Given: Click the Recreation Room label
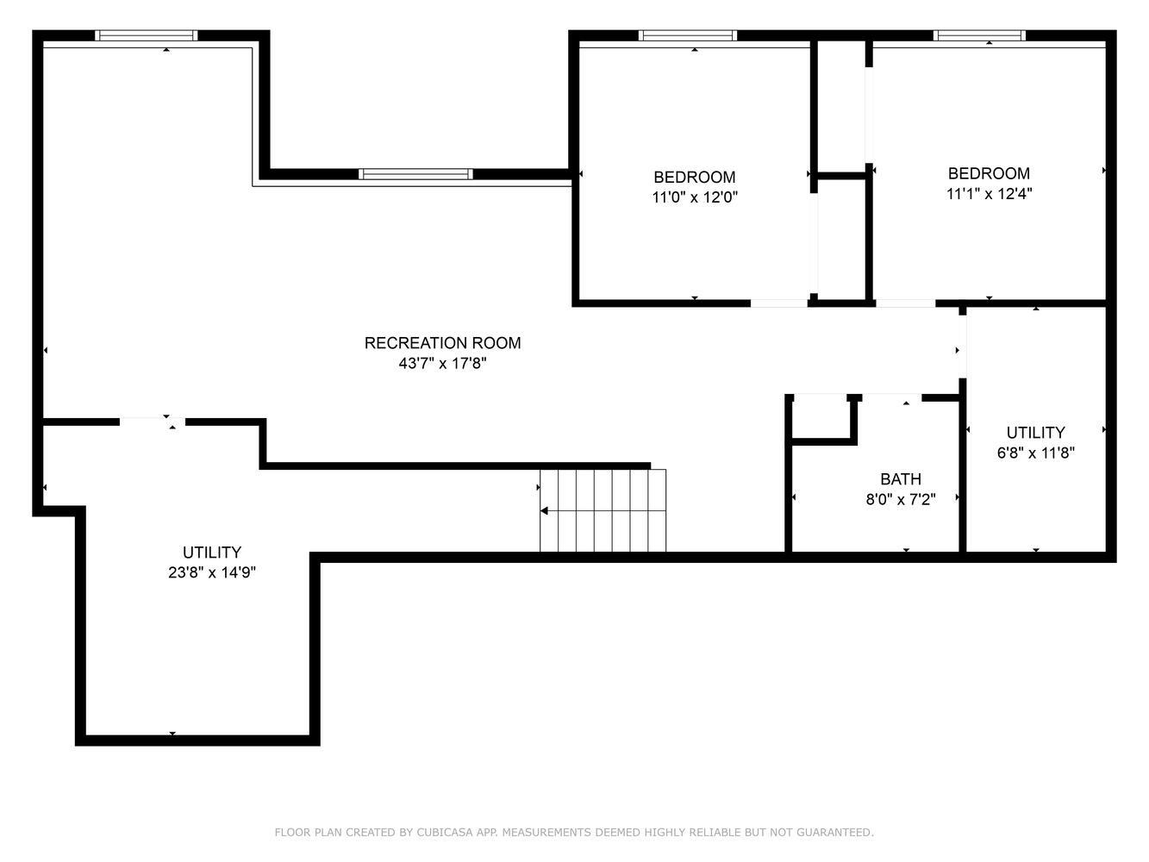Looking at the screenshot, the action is click(x=442, y=343).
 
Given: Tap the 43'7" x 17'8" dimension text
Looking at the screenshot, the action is click(x=442, y=363).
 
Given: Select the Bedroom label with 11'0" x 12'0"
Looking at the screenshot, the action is click(x=694, y=177).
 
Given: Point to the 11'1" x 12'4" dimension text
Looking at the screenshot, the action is click(x=989, y=194).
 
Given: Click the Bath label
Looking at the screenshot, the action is click(x=901, y=479).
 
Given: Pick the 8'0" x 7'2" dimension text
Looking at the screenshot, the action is click(x=901, y=499).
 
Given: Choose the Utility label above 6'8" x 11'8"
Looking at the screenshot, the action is click(x=1035, y=433).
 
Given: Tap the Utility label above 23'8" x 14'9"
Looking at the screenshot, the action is click(x=211, y=553).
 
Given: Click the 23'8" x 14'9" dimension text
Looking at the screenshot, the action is click(x=211, y=572).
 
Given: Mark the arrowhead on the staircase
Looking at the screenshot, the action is click(x=544, y=511).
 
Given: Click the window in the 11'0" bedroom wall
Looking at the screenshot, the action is click(x=687, y=35).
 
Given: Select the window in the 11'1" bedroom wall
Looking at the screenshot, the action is click(x=979, y=35).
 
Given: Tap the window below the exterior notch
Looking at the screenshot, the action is click(x=415, y=174).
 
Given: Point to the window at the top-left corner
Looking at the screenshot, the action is click(x=146, y=35).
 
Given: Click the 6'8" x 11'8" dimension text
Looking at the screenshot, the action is click(x=1035, y=453).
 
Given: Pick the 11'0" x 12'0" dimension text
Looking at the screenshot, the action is click(x=694, y=197).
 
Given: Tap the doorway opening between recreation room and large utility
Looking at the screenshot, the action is click(x=153, y=422).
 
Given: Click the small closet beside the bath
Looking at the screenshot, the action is click(x=821, y=417).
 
